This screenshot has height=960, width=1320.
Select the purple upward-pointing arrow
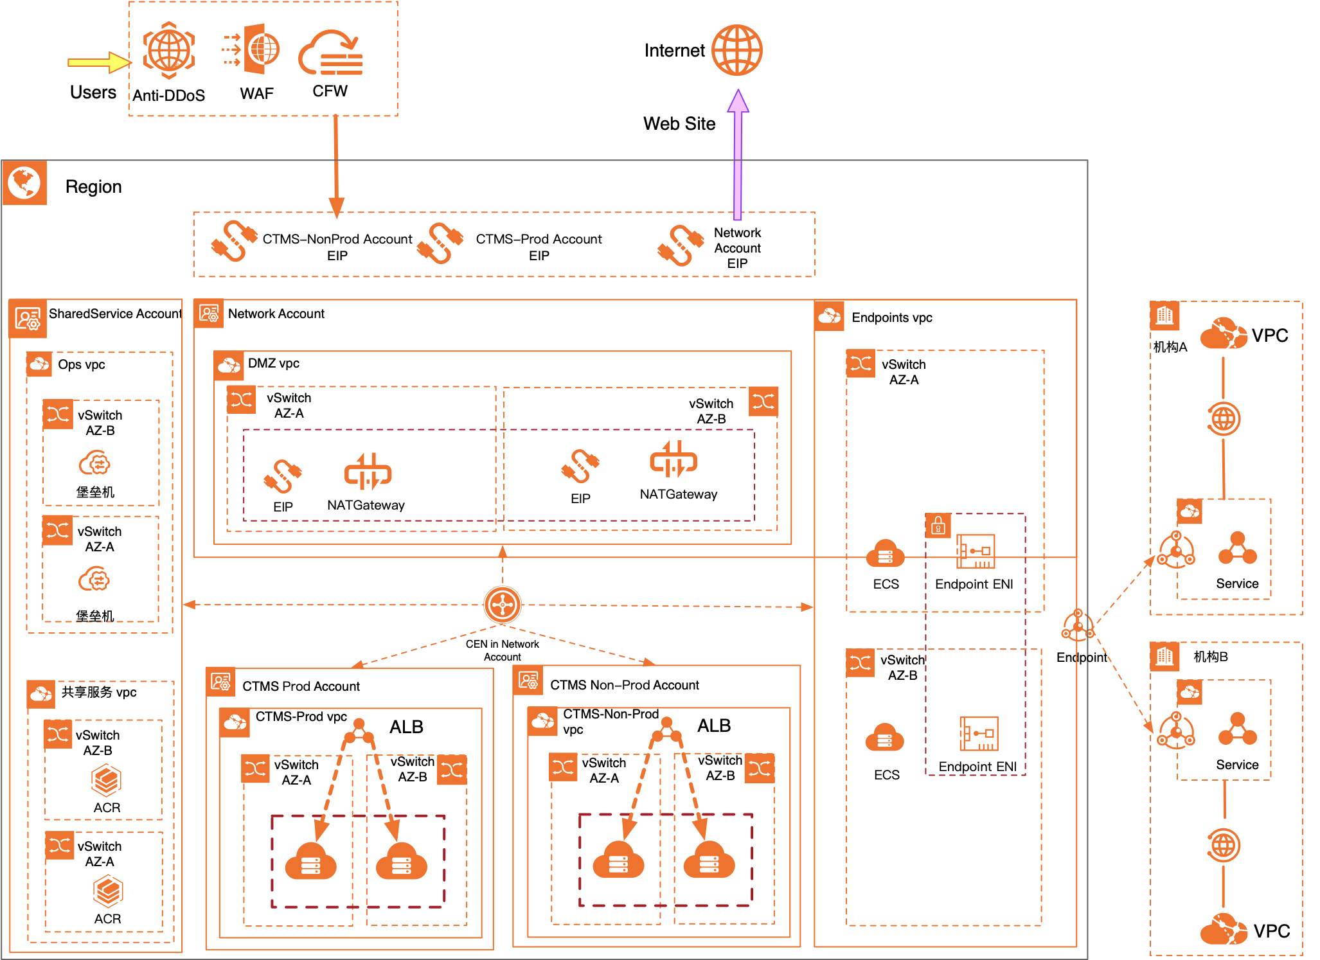tap(738, 154)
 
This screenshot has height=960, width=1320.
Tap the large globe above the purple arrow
tap(736, 50)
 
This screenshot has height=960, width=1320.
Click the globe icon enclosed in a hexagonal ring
tap(169, 50)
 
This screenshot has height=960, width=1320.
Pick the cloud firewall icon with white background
tap(330, 49)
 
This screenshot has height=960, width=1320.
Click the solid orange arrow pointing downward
tap(336, 167)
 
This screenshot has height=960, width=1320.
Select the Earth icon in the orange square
tap(24, 183)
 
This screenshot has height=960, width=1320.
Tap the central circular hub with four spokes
tap(503, 605)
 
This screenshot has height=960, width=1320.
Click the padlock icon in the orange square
tap(938, 526)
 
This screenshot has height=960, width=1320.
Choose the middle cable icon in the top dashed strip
tap(440, 243)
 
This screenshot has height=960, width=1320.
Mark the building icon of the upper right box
tap(1164, 316)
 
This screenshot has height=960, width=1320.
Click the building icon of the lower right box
tap(1164, 656)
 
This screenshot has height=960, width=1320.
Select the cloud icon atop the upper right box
tap(1224, 333)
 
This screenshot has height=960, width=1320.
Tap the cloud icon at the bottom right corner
tap(1224, 929)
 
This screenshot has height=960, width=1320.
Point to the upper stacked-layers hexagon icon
tap(106, 779)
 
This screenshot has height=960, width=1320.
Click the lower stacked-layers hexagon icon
tap(107, 891)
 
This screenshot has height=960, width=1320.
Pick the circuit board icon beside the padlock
tap(976, 551)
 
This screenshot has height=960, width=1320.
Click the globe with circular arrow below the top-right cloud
tap(1223, 419)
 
